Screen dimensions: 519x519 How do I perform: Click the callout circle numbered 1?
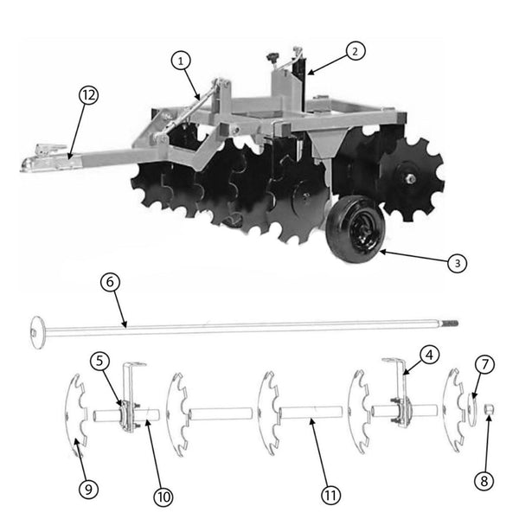click(180, 61)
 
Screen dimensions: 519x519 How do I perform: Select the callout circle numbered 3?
click(459, 262)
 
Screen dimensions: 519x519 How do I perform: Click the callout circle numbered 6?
click(108, 282)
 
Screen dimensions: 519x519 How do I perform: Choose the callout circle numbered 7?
click(485, 365)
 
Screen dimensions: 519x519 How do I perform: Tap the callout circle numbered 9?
click(86, 489)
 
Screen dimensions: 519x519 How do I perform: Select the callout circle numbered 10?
click(163, 497)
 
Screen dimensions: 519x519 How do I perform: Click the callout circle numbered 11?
click(330, 496)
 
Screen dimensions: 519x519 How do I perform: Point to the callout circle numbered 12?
click(87, 95)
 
